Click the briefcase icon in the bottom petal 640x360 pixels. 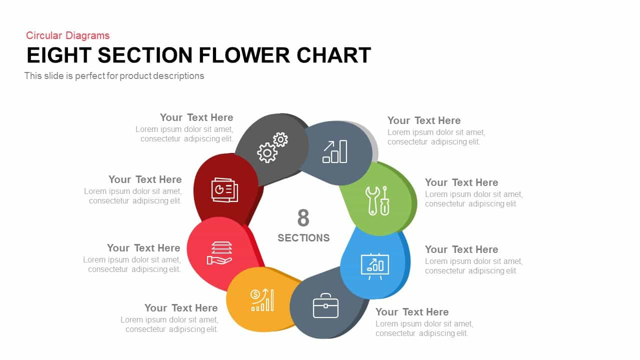[325, 305]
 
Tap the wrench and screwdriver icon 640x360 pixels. [377, 200]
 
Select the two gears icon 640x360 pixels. [272, 147]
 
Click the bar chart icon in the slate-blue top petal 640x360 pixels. [335, 151]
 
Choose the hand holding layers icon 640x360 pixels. [219, 253]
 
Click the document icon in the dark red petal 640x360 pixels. [224, 190]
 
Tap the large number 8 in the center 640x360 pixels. [303, 217]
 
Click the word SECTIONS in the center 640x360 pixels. [303, 238]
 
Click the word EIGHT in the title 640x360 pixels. [59, 55]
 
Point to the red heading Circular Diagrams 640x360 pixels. [67, 35]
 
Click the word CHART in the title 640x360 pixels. [333, 55]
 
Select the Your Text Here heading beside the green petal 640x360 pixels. [461, 182]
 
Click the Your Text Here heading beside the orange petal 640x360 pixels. [181, 307]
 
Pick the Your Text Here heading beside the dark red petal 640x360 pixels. [145, 179]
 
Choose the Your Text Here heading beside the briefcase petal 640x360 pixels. [412, 311]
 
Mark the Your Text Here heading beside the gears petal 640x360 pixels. [196, 117]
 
